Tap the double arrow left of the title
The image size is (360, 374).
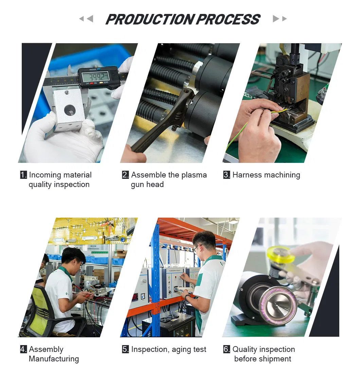[86, 19]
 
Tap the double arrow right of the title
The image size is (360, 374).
[280, 19]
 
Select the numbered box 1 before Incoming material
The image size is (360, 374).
[23, 175]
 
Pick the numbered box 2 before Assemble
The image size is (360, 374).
[125, 175]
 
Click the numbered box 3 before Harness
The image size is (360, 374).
[227, 175]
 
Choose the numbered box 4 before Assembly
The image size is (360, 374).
[23, 350]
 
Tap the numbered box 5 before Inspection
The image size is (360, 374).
[125, 350]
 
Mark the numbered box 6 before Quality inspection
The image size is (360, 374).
[227, 350]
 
